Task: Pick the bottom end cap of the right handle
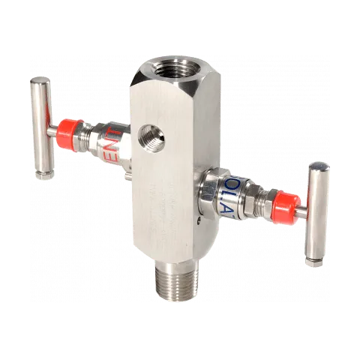[x=313, y=262]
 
